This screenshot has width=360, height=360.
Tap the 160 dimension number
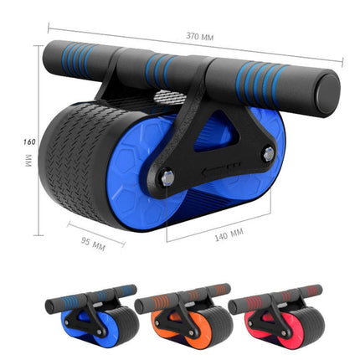coord(28,141)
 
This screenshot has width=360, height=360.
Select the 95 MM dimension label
coord(93,244)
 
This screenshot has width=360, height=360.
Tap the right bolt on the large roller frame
coord(267,152)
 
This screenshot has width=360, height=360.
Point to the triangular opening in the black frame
coord(219,138)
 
